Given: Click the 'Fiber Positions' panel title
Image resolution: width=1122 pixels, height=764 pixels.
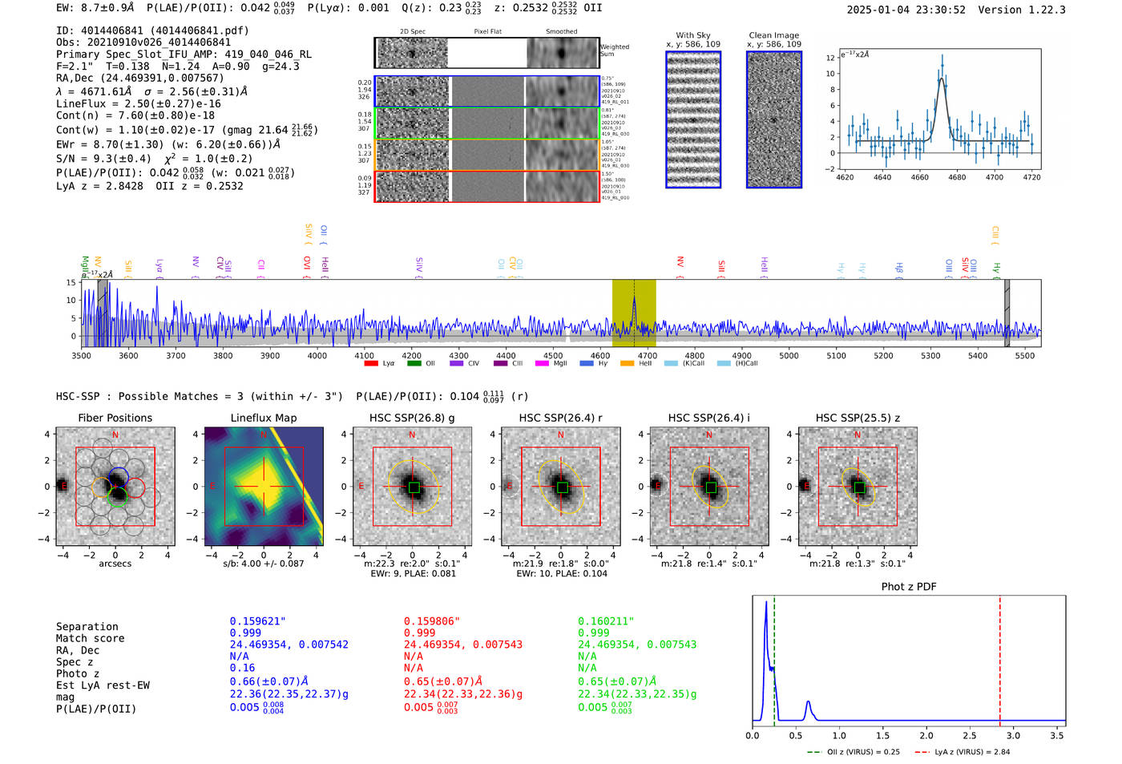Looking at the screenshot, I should (x=115, y=418).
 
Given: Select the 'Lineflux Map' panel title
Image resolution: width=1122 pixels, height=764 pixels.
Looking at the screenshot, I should (x=264, y=418).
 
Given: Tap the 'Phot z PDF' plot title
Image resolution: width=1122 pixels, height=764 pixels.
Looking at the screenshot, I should (x=909, y=586).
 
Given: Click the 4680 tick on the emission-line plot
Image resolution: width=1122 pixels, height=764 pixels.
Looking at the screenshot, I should (x=957, y=177).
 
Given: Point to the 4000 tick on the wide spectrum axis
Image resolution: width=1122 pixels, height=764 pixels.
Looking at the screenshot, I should (x=317, y=355).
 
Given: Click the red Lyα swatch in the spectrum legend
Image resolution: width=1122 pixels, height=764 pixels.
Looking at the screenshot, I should (x=371, y=363).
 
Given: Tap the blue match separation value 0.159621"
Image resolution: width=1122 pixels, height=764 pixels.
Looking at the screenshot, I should (x=257, y=621).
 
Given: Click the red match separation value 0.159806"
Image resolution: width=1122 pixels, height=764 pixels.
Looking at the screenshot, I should (x=431, y=621).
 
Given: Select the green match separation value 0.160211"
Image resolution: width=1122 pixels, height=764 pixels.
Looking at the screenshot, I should (x=605, y=621).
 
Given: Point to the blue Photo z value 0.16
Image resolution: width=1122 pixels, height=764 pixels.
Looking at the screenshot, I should (x=242, y=668).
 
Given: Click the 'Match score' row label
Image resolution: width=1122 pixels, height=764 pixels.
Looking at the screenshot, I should (x=90, y=638).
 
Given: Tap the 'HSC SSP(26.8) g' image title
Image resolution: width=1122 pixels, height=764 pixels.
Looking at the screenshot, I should (x=412, y=418).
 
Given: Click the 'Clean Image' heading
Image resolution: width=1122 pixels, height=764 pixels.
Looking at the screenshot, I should (x=773, y=35).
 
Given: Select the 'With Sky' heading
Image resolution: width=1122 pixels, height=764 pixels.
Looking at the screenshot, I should (x=692, y=35).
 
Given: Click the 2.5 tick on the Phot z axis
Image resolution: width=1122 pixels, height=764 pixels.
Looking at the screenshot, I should (x=970, y=735).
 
